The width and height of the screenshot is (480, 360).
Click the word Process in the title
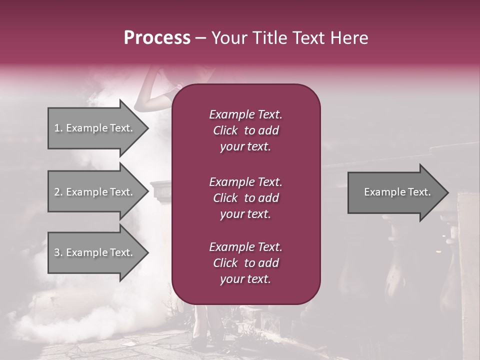pos(157,38)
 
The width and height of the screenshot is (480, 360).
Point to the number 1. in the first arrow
pos(58,128)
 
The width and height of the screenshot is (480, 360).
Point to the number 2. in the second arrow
pos(58,192)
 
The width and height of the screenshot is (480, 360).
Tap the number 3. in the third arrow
pos(58,252)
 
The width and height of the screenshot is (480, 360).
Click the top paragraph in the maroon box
pos(245,130)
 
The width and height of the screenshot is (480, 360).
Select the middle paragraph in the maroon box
pos(245,197)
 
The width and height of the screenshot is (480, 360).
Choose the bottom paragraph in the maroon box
pos(245,263)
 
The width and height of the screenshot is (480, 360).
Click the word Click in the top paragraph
pos(225,130)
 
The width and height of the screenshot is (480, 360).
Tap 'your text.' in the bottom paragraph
pos(245,279)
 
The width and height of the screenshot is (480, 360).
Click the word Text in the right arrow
pos(418,192)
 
